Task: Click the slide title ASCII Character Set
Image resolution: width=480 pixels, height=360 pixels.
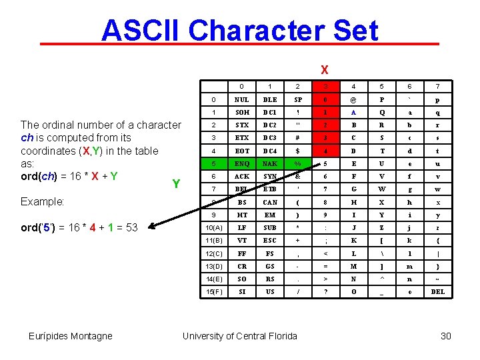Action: coord(240,31)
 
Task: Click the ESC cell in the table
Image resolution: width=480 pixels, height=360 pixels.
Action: coord(269,240)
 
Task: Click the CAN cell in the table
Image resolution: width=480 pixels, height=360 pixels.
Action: coord(269,202)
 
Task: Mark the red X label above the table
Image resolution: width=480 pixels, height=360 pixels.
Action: coord(324,69)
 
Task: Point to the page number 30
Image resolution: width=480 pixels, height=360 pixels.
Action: coord(446,336)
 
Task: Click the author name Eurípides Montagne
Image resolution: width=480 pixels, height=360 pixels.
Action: coord(71,336)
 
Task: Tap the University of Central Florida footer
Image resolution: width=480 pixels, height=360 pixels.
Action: coord(240,336)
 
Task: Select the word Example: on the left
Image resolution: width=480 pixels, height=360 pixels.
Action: coord(43,201)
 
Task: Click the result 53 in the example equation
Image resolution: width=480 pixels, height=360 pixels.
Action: coord(131,227)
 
